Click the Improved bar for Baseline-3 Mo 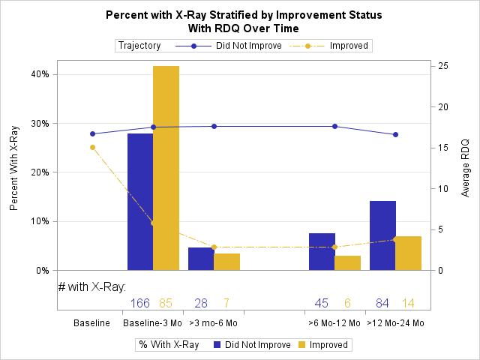point(166,168)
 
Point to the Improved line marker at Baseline point(93,147)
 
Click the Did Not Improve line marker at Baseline point(93,134)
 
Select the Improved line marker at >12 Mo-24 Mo point(395,240)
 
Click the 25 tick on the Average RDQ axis point(444,66)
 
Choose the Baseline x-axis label point(92,323)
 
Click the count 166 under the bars point(140,303)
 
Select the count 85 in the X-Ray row point(166,303)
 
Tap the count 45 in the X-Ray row point(322,303)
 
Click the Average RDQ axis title point(465,168)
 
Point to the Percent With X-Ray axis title point(14,168)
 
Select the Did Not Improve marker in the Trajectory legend point(193,46)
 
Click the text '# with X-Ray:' point(91,286)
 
